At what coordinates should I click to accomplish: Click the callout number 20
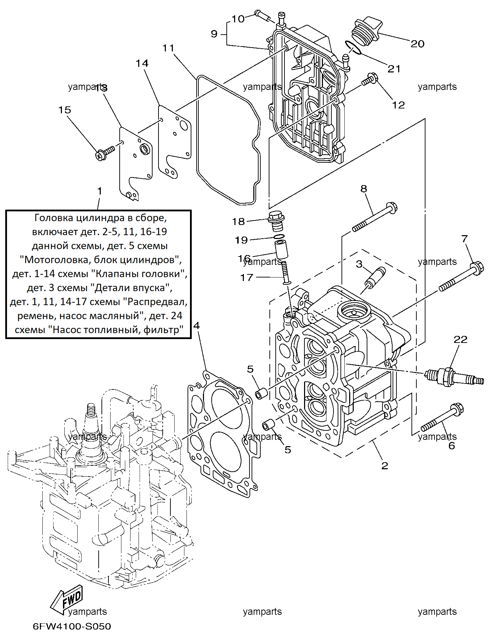(x=417, y=44)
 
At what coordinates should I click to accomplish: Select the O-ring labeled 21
(x=352, y=48)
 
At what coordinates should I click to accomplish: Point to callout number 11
(x=168, y=48)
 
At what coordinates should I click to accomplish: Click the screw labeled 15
(x=105, y=153)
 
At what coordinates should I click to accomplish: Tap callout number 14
(x=142, y=63)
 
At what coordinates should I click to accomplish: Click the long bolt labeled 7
(x=461, y=276)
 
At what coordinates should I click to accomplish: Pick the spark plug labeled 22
(x=454, y=377)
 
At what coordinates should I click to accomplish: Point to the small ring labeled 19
(x=279, y=237)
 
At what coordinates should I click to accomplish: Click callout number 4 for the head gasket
(x=197, y=326)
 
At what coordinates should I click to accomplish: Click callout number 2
(x=385, y=466)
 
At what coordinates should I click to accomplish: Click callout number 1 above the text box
(x=100, y=191)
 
